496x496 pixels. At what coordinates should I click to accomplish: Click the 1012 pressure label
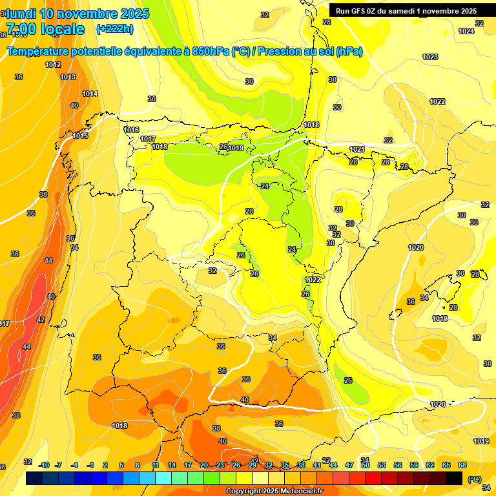(53, 65)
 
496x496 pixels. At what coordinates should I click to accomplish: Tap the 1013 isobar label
(68, 77)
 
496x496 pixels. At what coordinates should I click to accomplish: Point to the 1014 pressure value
(90, 94)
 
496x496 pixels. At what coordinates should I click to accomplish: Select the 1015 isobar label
(80, 136)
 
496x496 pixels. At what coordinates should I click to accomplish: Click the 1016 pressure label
(131, 130)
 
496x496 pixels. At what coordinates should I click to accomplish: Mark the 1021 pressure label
(357, 149)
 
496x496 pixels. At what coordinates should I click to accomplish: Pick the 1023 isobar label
(430, 57)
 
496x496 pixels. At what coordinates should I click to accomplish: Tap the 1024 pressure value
(466, 31)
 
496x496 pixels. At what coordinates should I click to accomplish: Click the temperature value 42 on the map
(41, 320)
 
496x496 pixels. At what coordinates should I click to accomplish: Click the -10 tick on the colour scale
(44, 465)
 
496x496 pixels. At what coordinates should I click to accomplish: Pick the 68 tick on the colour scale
(462, 465)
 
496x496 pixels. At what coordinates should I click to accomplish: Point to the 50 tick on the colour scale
(366, 465)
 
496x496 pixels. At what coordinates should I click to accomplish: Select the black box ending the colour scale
(454, 478)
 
